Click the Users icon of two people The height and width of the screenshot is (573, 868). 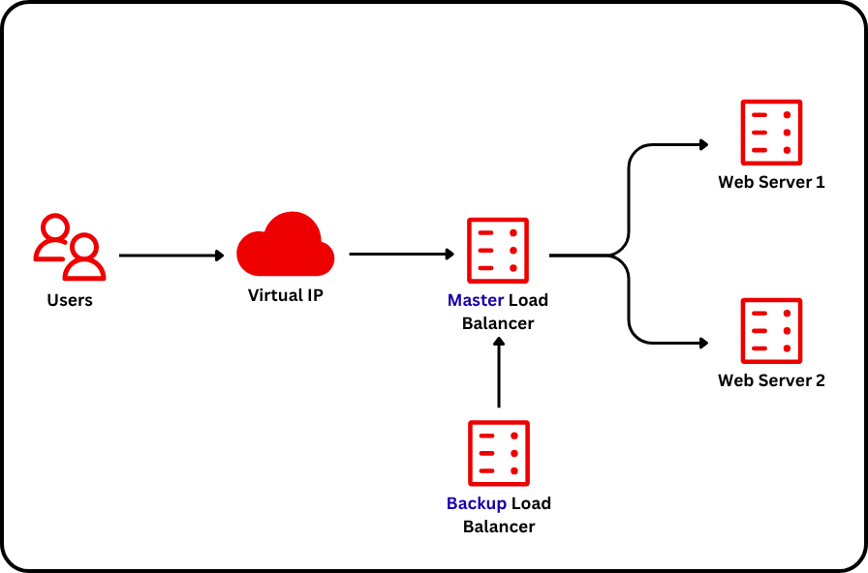click(69, 247)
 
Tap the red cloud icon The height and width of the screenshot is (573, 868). click(286, 244)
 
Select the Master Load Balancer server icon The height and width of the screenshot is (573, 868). click(498, 250)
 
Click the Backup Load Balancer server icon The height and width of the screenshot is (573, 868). click(498, 453)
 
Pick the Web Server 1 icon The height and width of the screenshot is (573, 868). click(771, 132)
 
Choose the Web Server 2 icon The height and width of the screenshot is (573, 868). click(771, 330)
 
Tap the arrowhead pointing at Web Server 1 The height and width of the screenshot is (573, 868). click(703, 145)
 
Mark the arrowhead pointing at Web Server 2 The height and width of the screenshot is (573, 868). click(703, 343)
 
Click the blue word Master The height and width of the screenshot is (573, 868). click(475, 301)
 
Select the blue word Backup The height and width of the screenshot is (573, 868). click(476, 504)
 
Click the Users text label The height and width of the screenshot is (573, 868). click(70, 300)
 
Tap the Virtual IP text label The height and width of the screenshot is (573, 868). click(286, 295)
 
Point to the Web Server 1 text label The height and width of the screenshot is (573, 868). click(771, 182)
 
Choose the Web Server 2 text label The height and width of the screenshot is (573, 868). click(771, 380)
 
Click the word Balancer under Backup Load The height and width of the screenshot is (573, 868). click(498, 527)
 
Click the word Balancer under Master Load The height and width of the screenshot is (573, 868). click(498, 323)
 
